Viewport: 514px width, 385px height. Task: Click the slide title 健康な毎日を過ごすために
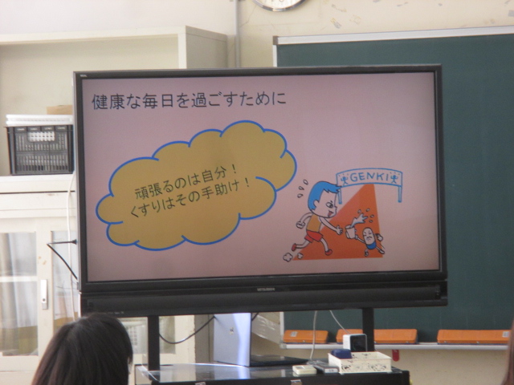click(x=190, y=101)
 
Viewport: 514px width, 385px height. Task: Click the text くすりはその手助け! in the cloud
click(x=190, y=201)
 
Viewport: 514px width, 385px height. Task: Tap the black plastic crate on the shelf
click(x=40, y=150)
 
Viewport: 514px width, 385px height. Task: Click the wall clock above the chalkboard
click(x=279, y=5)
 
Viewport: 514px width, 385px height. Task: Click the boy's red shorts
click(x=314, y=236)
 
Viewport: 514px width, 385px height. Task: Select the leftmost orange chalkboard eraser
click(x=305, y=337)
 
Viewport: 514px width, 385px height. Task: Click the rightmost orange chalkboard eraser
click(x=473, y=337)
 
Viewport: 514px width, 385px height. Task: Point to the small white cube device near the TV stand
click(x=355, y=342)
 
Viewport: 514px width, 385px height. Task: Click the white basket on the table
click(x=360, y=362)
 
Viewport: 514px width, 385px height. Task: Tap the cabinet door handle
click(x=43, y=294)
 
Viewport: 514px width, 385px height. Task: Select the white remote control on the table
click(x=304, y=370)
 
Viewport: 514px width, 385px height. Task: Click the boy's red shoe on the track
click(x=328, y=252)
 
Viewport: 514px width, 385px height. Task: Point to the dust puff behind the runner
click(x=288, y=257)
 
